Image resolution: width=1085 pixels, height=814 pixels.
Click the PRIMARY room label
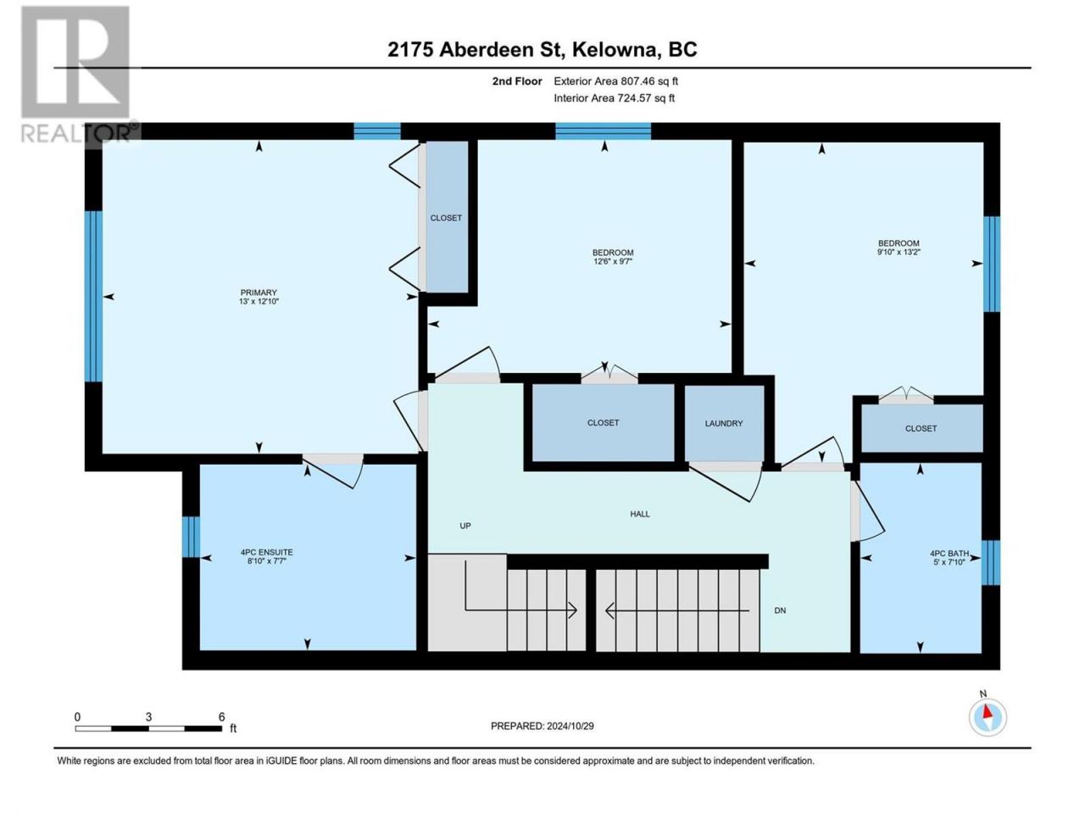[259, 292]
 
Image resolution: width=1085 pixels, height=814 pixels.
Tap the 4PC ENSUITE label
[266, 552]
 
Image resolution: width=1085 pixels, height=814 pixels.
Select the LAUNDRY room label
[724, 423]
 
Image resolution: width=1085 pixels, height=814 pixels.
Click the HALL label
[640, 514]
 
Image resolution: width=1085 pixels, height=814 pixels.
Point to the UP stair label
[465, 526]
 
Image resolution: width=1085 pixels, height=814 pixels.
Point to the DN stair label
[780, 610]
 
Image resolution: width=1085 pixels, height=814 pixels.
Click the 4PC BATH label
[949, 554]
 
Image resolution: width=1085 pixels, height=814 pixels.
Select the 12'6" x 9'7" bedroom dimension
[613, 261]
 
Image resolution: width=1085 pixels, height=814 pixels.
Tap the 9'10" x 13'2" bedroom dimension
[899, 252]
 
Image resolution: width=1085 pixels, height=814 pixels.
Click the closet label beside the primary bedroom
[446, 218]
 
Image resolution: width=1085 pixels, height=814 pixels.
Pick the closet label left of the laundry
[603, 422]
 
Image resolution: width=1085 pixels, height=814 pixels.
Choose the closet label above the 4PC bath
[921, 428]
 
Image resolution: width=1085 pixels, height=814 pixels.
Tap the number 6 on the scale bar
[221, 716]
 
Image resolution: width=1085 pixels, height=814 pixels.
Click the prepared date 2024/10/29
[570, 726]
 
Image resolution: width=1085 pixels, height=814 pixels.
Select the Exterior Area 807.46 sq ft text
[616, 81]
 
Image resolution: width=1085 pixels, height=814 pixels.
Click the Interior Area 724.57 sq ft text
[614, 98]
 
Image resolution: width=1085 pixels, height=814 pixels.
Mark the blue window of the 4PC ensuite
[192, 537]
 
